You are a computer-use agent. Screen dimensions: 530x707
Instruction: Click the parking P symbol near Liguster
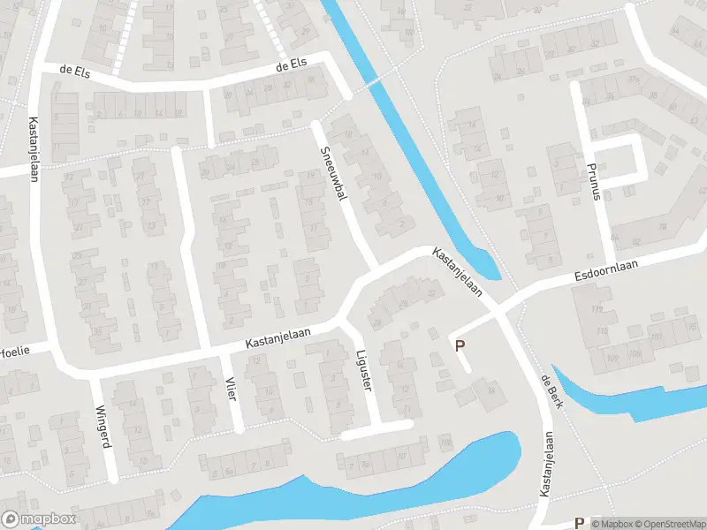point(459,345)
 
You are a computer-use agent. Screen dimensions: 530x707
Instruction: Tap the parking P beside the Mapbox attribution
point(580,523)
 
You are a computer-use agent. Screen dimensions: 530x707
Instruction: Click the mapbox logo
point(39,519)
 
